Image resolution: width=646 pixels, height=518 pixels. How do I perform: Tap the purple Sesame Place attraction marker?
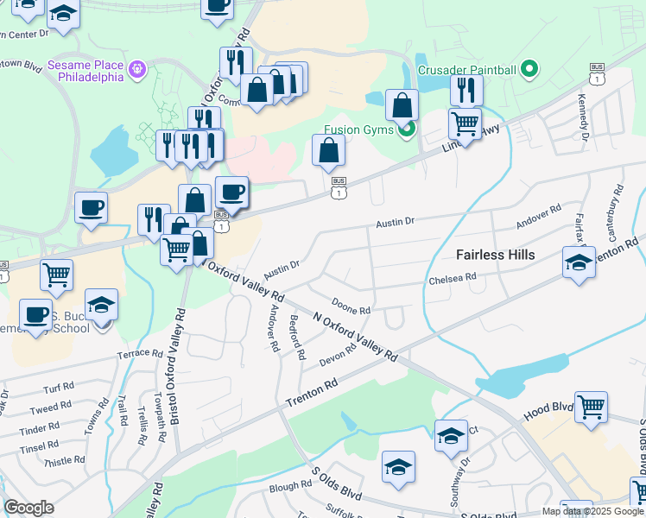(136, 68)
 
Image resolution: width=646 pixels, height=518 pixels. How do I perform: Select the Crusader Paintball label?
(466, 70)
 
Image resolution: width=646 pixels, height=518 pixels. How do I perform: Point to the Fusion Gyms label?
(358, 130)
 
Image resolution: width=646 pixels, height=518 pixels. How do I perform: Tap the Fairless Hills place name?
(495, 255)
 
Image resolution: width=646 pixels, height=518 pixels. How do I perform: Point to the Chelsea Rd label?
(453, 278)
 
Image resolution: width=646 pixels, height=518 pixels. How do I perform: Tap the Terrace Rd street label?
(140, 354)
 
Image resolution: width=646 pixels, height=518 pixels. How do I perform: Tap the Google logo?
(28, 508)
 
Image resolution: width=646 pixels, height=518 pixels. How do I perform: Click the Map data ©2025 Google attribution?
(593, 511)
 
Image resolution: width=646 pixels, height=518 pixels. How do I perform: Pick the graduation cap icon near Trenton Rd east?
(578, 262)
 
